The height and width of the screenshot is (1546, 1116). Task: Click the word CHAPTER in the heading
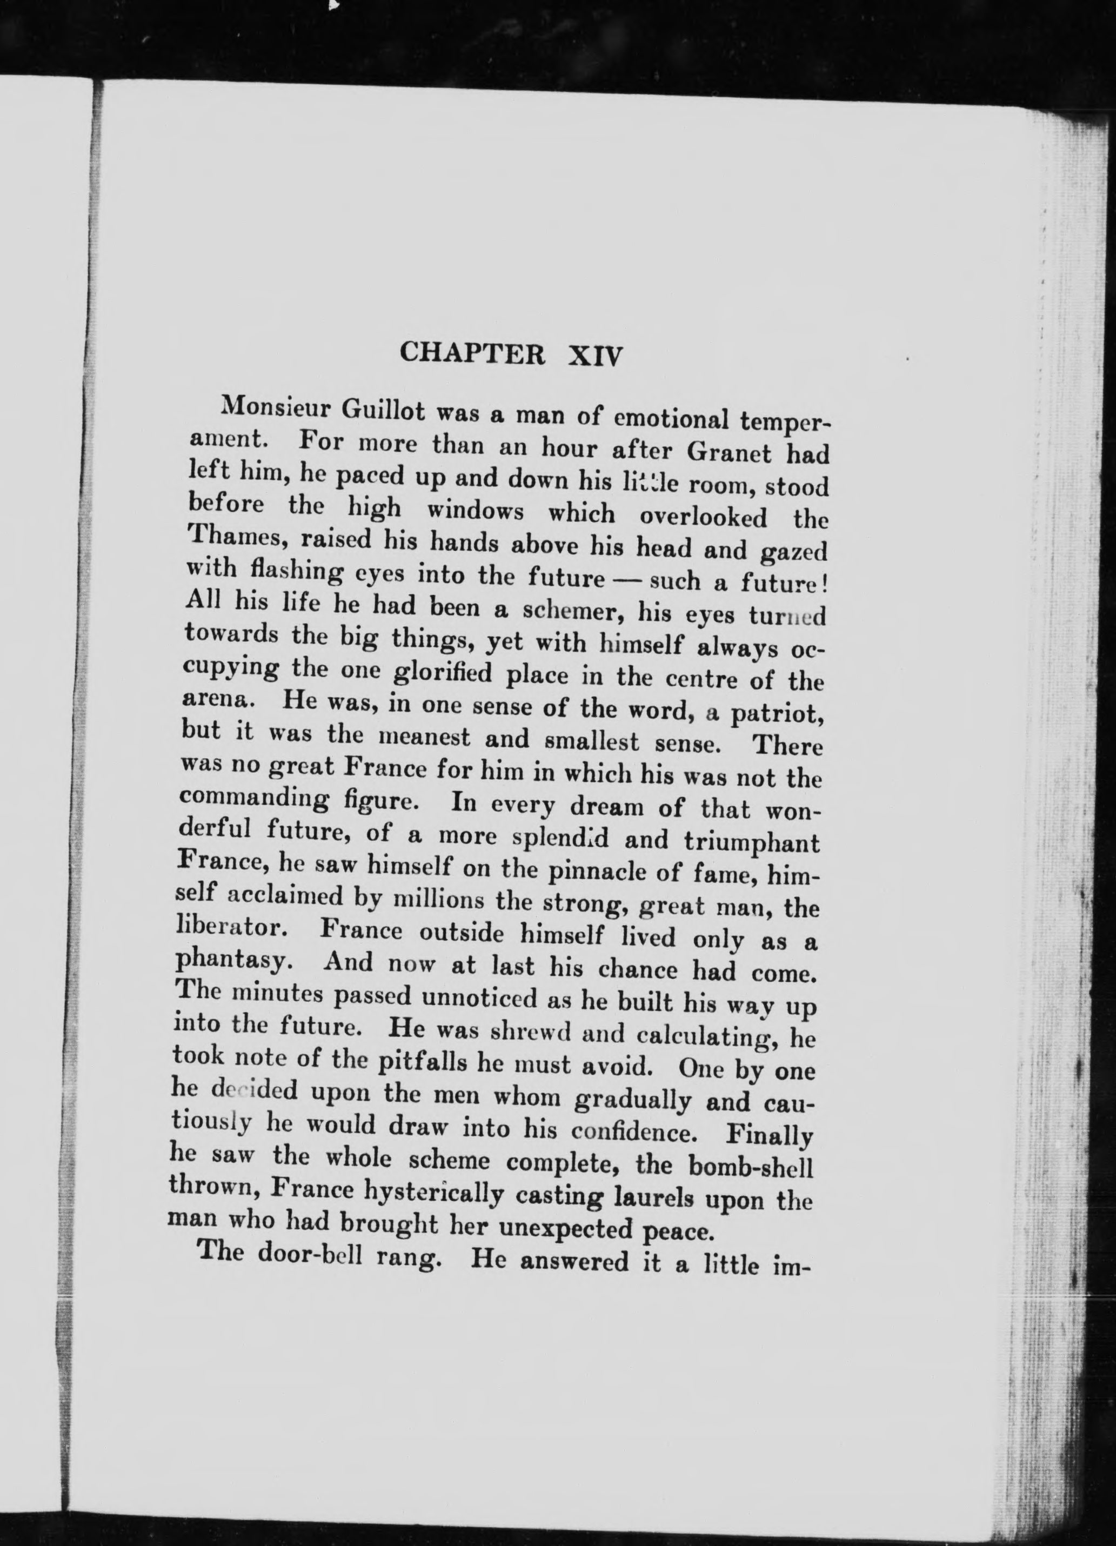coord(472,354)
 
